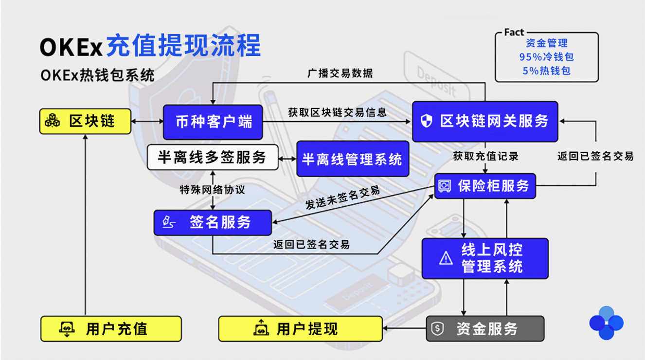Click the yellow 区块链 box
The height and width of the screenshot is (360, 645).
[85, 121]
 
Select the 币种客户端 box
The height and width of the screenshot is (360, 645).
[213, 122]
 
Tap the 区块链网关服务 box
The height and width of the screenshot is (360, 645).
[485, 121]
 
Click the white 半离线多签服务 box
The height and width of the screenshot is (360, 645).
[213, 157]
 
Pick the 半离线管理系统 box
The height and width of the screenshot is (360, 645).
[353, 159]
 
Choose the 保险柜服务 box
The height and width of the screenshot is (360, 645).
[485, 186]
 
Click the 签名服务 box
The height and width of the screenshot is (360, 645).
[213, 222]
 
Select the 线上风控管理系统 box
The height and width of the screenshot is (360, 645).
[485, 258]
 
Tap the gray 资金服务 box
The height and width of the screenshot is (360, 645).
[485, 328]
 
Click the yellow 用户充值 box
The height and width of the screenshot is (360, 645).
[111, 328]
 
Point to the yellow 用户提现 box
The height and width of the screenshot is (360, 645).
[300, 328]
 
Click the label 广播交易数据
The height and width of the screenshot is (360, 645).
[340, 73]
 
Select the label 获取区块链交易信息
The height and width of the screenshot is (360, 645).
[337, 112]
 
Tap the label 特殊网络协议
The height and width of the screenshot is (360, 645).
[212, 190]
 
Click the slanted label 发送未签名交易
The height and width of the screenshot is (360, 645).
[342, 198]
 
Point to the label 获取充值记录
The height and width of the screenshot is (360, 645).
[486, 156]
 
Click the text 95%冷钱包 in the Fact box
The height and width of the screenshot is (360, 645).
[547, 57]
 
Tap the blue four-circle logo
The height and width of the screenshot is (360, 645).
[607, 323]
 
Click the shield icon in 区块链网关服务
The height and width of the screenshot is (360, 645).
[427, 120]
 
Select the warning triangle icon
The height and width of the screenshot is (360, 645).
[446, 258]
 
